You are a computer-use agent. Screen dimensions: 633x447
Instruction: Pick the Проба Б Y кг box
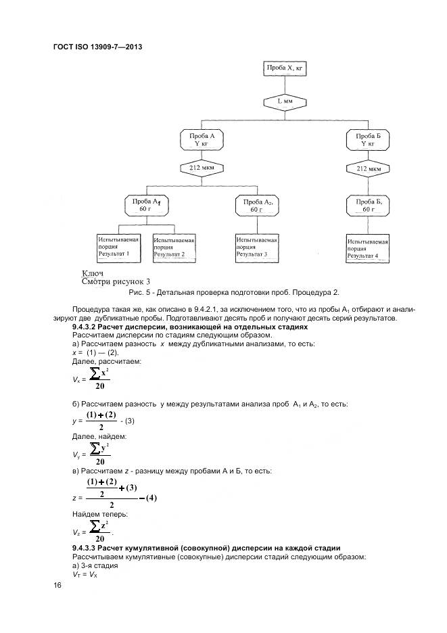(x=369, y=140)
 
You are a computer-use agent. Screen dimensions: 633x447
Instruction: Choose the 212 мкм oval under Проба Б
(x=369, y=168)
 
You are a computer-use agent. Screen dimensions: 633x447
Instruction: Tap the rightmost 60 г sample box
(x=369, y=206)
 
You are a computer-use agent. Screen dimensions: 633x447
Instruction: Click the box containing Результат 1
(x=119, y=248)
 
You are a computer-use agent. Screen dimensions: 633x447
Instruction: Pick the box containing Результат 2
(x=174, y=248)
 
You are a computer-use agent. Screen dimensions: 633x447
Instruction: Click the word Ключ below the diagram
(x=92, y=273)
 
